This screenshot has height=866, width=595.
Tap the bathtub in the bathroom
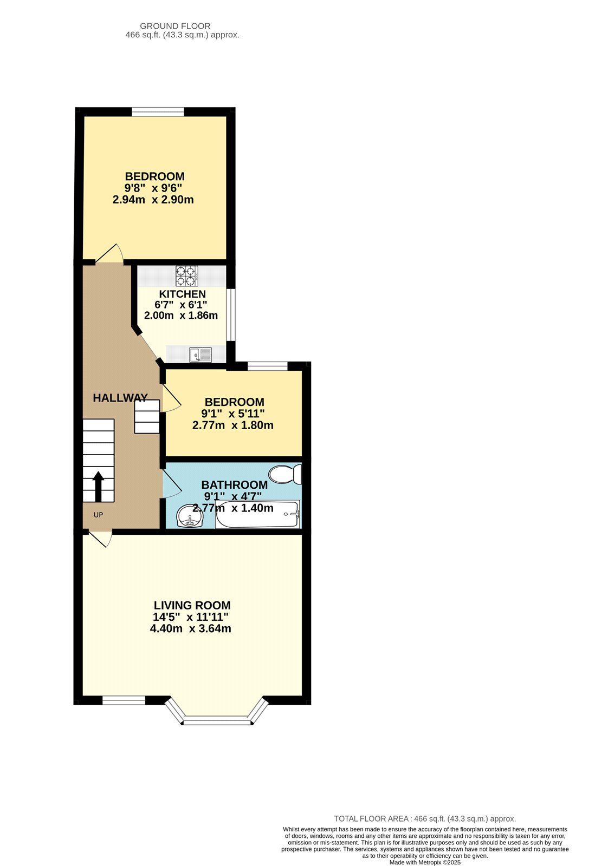[x=257, y=515]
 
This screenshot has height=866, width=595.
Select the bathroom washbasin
[x=189, y=516]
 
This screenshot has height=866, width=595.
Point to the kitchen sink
[x=200, y=355]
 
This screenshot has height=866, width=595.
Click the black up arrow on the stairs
[x=99, y=486]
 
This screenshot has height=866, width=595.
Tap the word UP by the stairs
[x=98, y=515]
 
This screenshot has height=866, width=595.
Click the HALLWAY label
[x=120, y=398]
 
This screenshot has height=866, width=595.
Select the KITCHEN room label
[x=182, y=294]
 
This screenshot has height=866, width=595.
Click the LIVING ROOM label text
[x=192, y=605]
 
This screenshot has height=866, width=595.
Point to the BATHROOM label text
[x=234, y=485]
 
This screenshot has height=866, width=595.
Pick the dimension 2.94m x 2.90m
[x=153, y=200]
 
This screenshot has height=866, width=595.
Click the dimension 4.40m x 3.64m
[x=191, y=628]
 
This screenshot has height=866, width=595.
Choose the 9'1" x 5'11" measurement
[x=232, y=414]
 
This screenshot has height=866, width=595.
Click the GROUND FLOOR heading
[x=175, y=26]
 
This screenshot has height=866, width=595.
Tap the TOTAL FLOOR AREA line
[x=425, y=819]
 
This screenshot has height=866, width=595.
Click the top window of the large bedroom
[x=158, y=112]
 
